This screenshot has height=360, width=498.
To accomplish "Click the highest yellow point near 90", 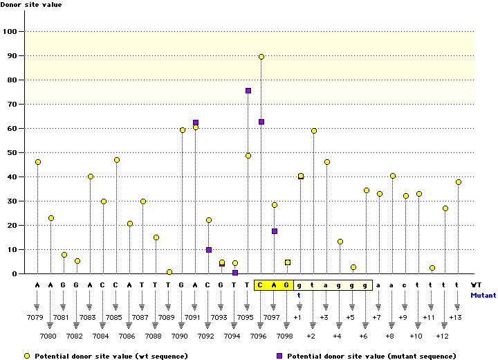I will point(261,57).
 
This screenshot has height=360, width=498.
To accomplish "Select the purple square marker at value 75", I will point(248,91).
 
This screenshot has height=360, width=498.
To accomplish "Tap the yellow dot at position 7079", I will point(38,162).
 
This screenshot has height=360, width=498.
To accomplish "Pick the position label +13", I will point(455,316).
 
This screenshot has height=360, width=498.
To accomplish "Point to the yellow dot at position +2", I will point(314,131).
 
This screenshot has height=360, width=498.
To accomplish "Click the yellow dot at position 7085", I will point(117,160).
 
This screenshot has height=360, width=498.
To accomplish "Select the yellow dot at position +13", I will point(458,182).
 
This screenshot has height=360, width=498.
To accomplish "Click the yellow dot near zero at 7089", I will point(169,272).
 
